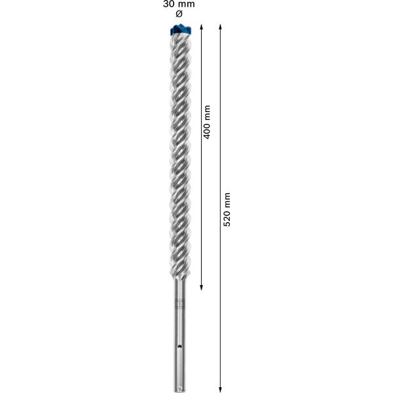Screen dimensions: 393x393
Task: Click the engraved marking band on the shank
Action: (x=180, y=304)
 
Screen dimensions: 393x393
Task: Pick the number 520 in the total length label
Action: (x=227, y=219)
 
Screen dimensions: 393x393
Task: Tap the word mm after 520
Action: (x=227, y=199)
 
